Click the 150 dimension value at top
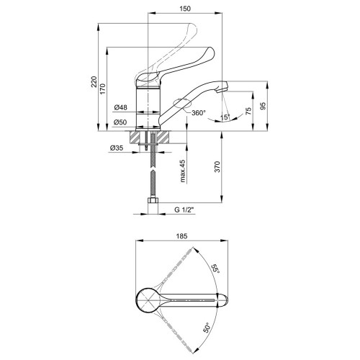coord(185,9)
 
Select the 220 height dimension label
coord(94,81)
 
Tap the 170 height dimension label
coord(102,89)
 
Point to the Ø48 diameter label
coord(121,107)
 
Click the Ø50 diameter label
coord(121,122)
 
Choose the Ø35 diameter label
coord(117,148)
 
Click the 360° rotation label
coord(199,112)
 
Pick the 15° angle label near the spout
coord(225,117)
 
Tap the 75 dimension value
coord(248,111)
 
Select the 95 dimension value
coord(264,106)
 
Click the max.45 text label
coord(183,171)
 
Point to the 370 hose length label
coord(217,166)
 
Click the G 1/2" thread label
coord(184,210)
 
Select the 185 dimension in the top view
coord(181,236)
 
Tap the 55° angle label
coord(215,269)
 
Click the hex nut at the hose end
coord(153,201)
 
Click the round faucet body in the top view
coord(148,300)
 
